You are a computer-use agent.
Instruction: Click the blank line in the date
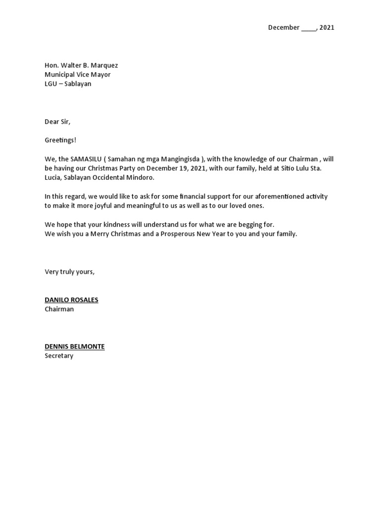tap(308, 28)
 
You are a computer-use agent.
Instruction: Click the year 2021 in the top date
tap(327, 28)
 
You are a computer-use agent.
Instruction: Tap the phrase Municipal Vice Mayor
tap(78, 75)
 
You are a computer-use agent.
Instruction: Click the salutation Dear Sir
tap(57, 122)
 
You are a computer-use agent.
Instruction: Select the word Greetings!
tap(60, 141)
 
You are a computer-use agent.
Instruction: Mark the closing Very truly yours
tap(69, 271)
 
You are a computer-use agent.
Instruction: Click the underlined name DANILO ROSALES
tap(71, 300)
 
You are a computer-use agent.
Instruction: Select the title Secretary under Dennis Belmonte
tap(59, 356)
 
